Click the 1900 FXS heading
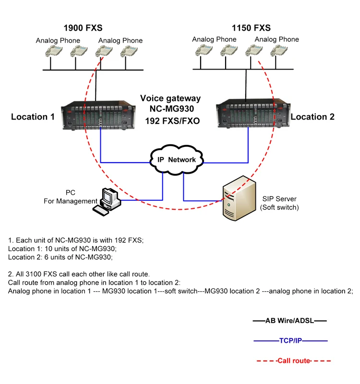coord(84,28)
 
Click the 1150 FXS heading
coord(252,28)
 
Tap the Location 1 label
coord(33,117)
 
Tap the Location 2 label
coord(312,117)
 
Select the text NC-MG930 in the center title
coord(170,108)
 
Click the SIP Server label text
coord(279,199)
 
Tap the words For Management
coord(71,201)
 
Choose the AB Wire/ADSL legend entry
coord(289,320)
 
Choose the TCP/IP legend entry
coord(290,340)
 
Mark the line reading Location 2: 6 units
coord(60,257)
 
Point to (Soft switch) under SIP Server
coord(279,208)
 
